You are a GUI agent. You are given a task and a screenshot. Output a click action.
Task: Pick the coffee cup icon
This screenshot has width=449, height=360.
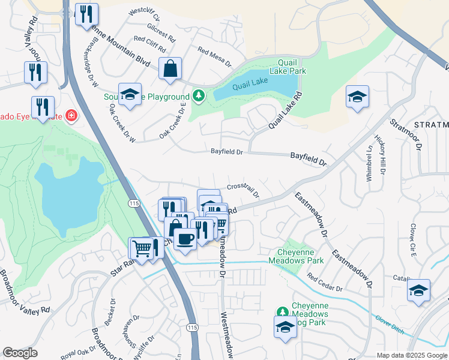click(185, 238)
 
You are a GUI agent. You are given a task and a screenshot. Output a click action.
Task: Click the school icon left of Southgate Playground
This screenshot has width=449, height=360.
click(130, 95)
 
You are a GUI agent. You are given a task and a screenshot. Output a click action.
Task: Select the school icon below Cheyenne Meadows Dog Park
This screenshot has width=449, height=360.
click(285, 327)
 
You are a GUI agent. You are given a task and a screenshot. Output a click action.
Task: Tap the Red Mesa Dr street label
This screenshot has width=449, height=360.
click(214, 56)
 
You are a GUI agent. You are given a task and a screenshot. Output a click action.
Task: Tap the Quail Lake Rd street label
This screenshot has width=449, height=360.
click(285, 111)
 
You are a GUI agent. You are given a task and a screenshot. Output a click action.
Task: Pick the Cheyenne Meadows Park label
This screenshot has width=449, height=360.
click(300, 256)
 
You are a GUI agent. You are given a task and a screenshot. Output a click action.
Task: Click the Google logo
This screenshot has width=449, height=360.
click(20, 353)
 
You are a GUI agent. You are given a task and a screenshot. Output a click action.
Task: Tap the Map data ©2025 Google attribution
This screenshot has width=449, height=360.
click(412, 355)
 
